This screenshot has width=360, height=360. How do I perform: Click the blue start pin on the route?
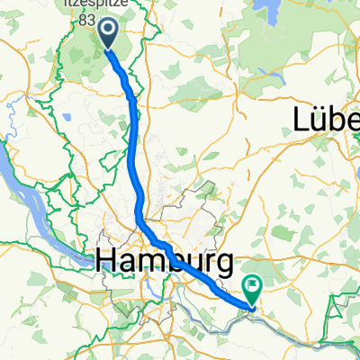[x=107, y=33]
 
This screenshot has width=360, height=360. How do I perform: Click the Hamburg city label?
[x=165, y=262]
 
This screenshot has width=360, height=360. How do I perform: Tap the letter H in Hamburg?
[x=105, y=262]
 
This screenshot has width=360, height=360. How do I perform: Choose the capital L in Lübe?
[x=302, y=118]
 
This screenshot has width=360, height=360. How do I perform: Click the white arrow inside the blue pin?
[x=107, y=31]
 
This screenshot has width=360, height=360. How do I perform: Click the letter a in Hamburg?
[x=125, y=264]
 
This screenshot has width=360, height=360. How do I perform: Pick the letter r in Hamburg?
[x=208, y=264]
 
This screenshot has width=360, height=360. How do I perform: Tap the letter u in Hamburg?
[x=190, y=264]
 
